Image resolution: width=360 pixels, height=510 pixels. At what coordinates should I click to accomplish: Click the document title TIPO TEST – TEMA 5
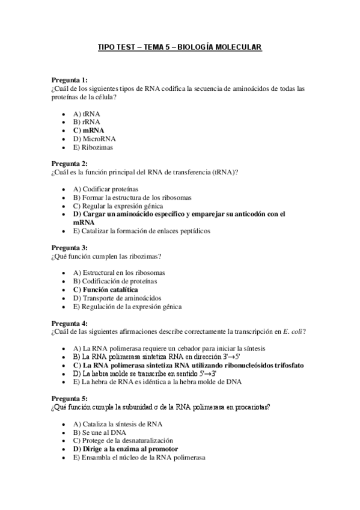(180, 47)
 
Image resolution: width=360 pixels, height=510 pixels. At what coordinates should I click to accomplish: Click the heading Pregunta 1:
(69, 80)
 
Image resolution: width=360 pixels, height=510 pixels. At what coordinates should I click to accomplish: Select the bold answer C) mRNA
(88, 129)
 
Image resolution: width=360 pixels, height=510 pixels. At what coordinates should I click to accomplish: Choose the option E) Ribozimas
(93, 146)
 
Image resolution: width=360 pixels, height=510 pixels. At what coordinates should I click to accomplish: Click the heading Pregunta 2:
(69, 164)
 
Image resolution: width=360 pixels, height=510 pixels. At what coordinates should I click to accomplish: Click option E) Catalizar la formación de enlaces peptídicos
(141, 230)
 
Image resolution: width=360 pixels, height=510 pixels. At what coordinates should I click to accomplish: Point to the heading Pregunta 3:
(69, 247)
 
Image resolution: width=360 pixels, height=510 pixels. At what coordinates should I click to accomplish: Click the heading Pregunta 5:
(69, 399)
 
